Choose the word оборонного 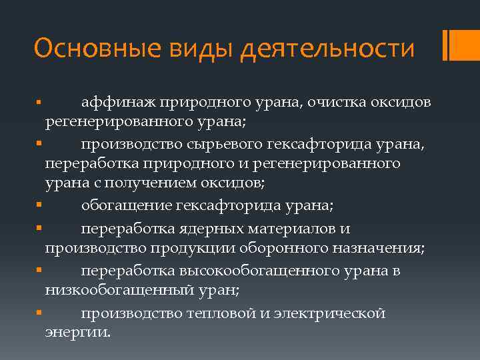(x=279, y=249)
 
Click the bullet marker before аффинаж (x=40, y=102)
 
